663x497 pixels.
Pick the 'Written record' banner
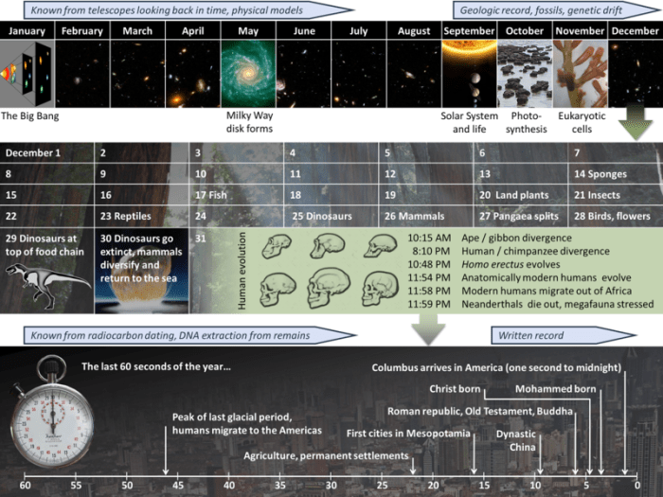pos(530,334)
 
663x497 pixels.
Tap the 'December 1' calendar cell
pos(34,152)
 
